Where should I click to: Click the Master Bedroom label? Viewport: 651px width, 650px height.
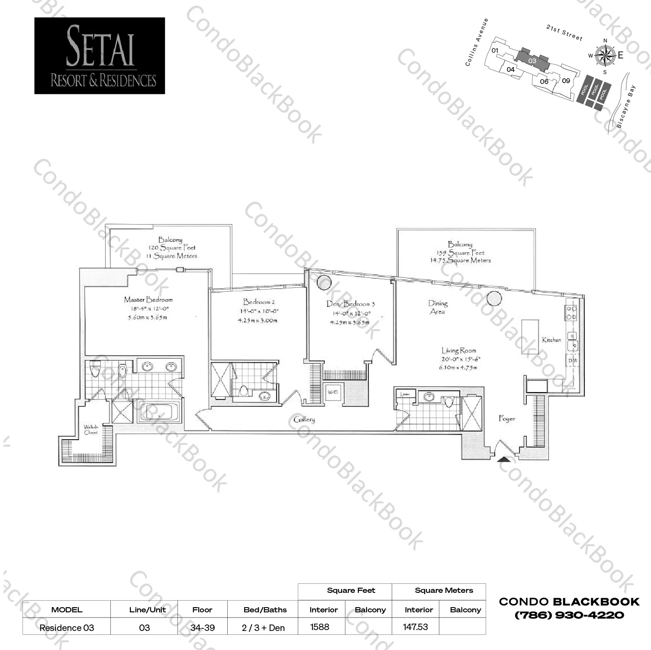click(x=148, y=299)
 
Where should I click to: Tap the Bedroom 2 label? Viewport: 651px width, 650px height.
click(x=259, y=302)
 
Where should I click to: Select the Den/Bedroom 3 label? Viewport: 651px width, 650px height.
click(x=350, y=304)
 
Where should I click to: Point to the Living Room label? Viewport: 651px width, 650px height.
click(x=459, y=351)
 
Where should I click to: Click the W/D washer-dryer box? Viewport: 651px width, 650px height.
click(x=332, y=393)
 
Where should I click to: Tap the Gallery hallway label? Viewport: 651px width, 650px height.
click(x=304, y=419)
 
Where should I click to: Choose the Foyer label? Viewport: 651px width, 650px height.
click(x=507, y=418)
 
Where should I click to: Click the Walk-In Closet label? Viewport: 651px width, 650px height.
click(x=91, y=429)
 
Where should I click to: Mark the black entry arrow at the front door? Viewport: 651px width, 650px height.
click(x=503, y=459)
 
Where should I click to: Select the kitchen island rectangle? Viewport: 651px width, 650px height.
click(x=530, y=337)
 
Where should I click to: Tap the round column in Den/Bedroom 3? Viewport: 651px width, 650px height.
click(x=324, y=283)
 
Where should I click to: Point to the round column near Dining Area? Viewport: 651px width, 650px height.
click(x=494, y=299)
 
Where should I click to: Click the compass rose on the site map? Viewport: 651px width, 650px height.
click(x=605, y=55)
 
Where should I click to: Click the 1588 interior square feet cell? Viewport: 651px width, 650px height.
click(x=320, y=627)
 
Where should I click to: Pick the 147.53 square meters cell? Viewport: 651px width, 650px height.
click(x=415, y=627)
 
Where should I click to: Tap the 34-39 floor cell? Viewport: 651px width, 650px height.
click(x=202, y=627)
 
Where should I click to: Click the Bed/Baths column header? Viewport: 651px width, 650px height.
click(x=265, y=610)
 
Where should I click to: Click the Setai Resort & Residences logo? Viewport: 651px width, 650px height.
click(x=100, y=56)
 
